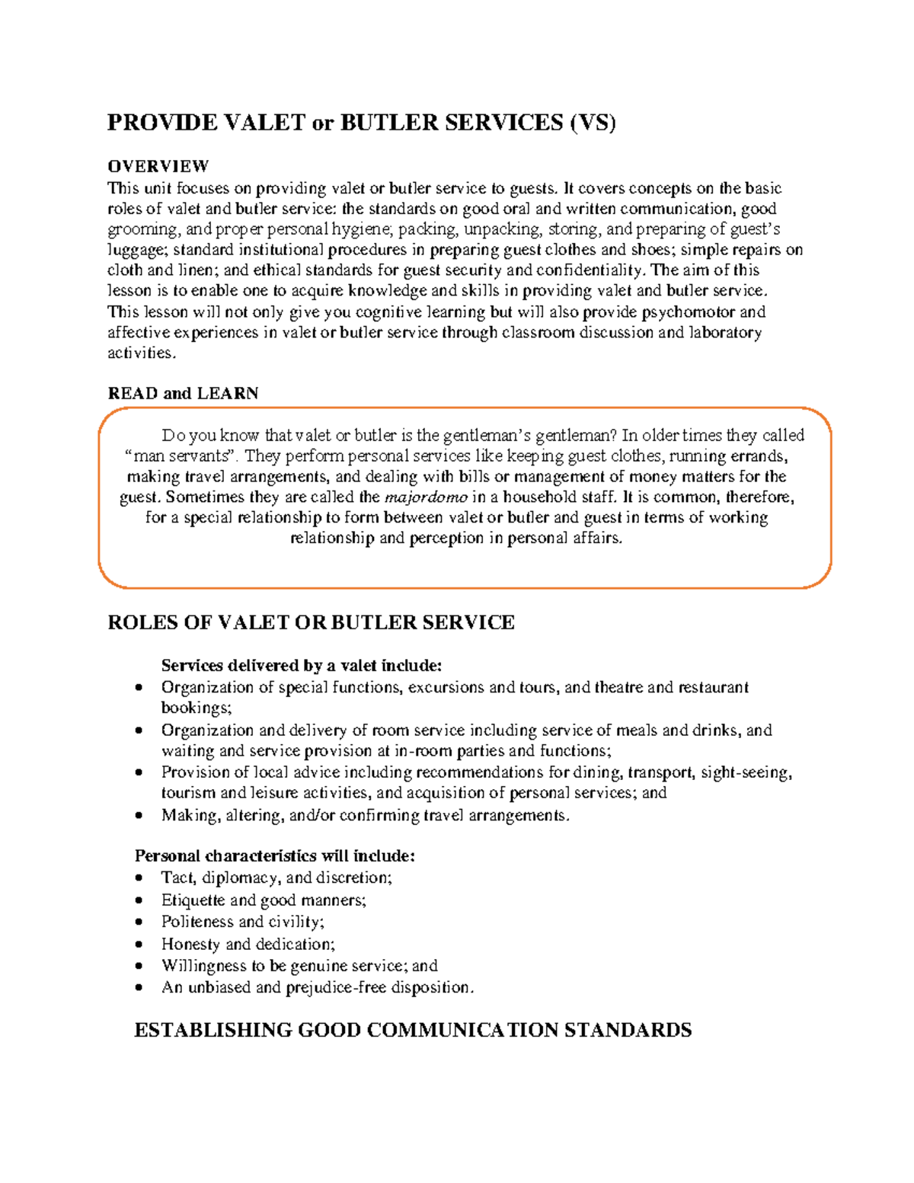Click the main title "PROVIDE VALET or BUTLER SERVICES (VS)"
(361, 123)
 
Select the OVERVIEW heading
(158, 166)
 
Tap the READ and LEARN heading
(183, 393)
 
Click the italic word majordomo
(426, 497)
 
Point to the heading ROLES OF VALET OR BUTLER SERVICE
(311, 622)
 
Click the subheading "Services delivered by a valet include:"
(301, 666)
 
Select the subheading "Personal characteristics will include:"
(274, 855)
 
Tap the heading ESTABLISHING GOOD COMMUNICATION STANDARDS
(412, 1030)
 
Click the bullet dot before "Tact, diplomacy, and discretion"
(139, 878)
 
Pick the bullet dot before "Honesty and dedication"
(139, 945)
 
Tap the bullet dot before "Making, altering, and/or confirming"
(139, 816)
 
